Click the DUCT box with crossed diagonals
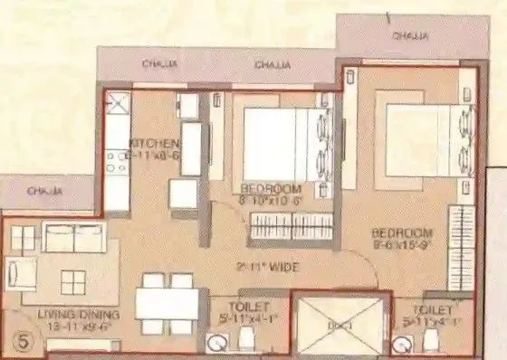tap(341, 324)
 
